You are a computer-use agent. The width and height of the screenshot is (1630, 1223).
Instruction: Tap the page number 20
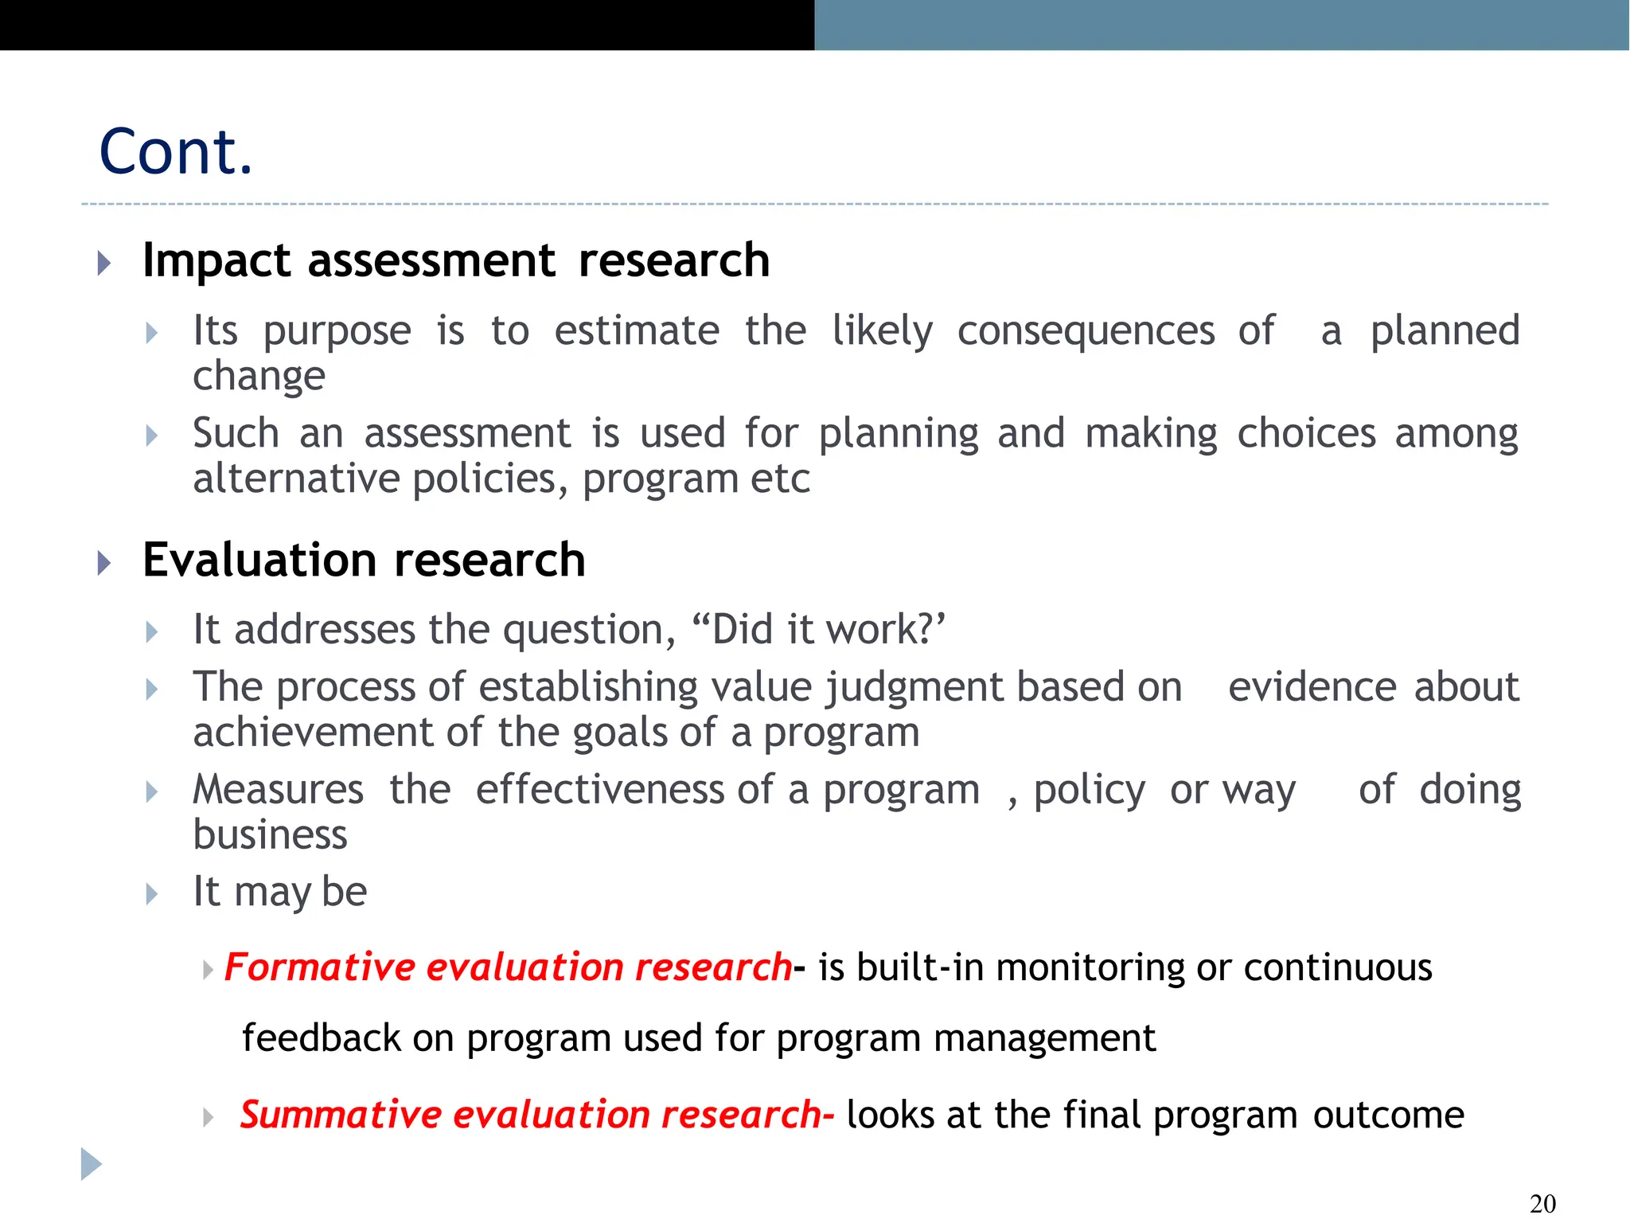(1542, 1203)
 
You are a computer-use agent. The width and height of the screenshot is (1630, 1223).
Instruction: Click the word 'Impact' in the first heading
(216, 261)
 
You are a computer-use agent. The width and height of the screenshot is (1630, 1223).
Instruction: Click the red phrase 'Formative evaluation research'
(508, 967)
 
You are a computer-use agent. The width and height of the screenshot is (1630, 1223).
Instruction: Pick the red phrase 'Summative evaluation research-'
(536, 1115)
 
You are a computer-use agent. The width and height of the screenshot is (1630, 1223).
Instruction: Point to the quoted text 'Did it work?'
(820, 630)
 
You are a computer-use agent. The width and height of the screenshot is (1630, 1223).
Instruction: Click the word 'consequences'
(1086, 330)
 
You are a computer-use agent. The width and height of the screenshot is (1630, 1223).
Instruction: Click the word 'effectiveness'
(600, 791)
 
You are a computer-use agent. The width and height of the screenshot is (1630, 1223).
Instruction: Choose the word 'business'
(270, 835)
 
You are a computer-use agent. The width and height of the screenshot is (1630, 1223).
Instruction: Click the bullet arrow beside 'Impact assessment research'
(103, 263)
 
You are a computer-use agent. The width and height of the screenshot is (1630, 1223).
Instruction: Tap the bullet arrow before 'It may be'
(152, 894)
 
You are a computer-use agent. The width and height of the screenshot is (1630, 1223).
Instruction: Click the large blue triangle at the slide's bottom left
(91, 1164)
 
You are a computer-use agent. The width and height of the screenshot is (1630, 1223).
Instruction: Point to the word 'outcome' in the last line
(1388, 1115)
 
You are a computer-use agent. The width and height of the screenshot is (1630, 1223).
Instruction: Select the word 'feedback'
(321, 1038)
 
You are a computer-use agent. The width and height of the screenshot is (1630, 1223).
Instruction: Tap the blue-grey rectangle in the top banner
(1221, 25)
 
